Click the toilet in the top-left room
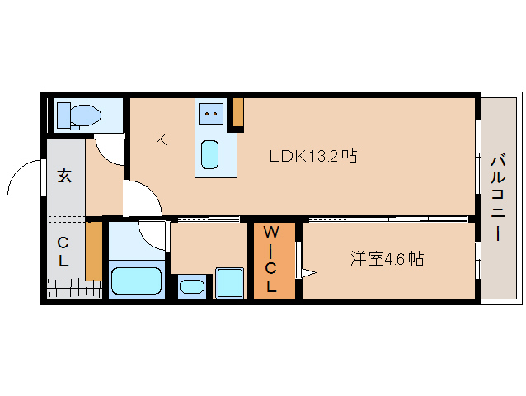click(79, 116)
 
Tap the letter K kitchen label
click(162, 139)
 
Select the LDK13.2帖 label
click(313, 156)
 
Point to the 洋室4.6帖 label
click(387, 259)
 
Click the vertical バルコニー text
click(498, 197)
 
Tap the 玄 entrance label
click(64, 176)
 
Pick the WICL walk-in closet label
click(270, 259)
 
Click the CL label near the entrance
click(63, 252)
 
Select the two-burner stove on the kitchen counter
click(211, 113)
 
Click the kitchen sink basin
click(209, 154)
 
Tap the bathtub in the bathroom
click(136, 280)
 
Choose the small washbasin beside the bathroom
click(192, 286)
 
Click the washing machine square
click(229, 283)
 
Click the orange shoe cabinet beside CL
click(94, 251)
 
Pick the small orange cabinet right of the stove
click(238, 112)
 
